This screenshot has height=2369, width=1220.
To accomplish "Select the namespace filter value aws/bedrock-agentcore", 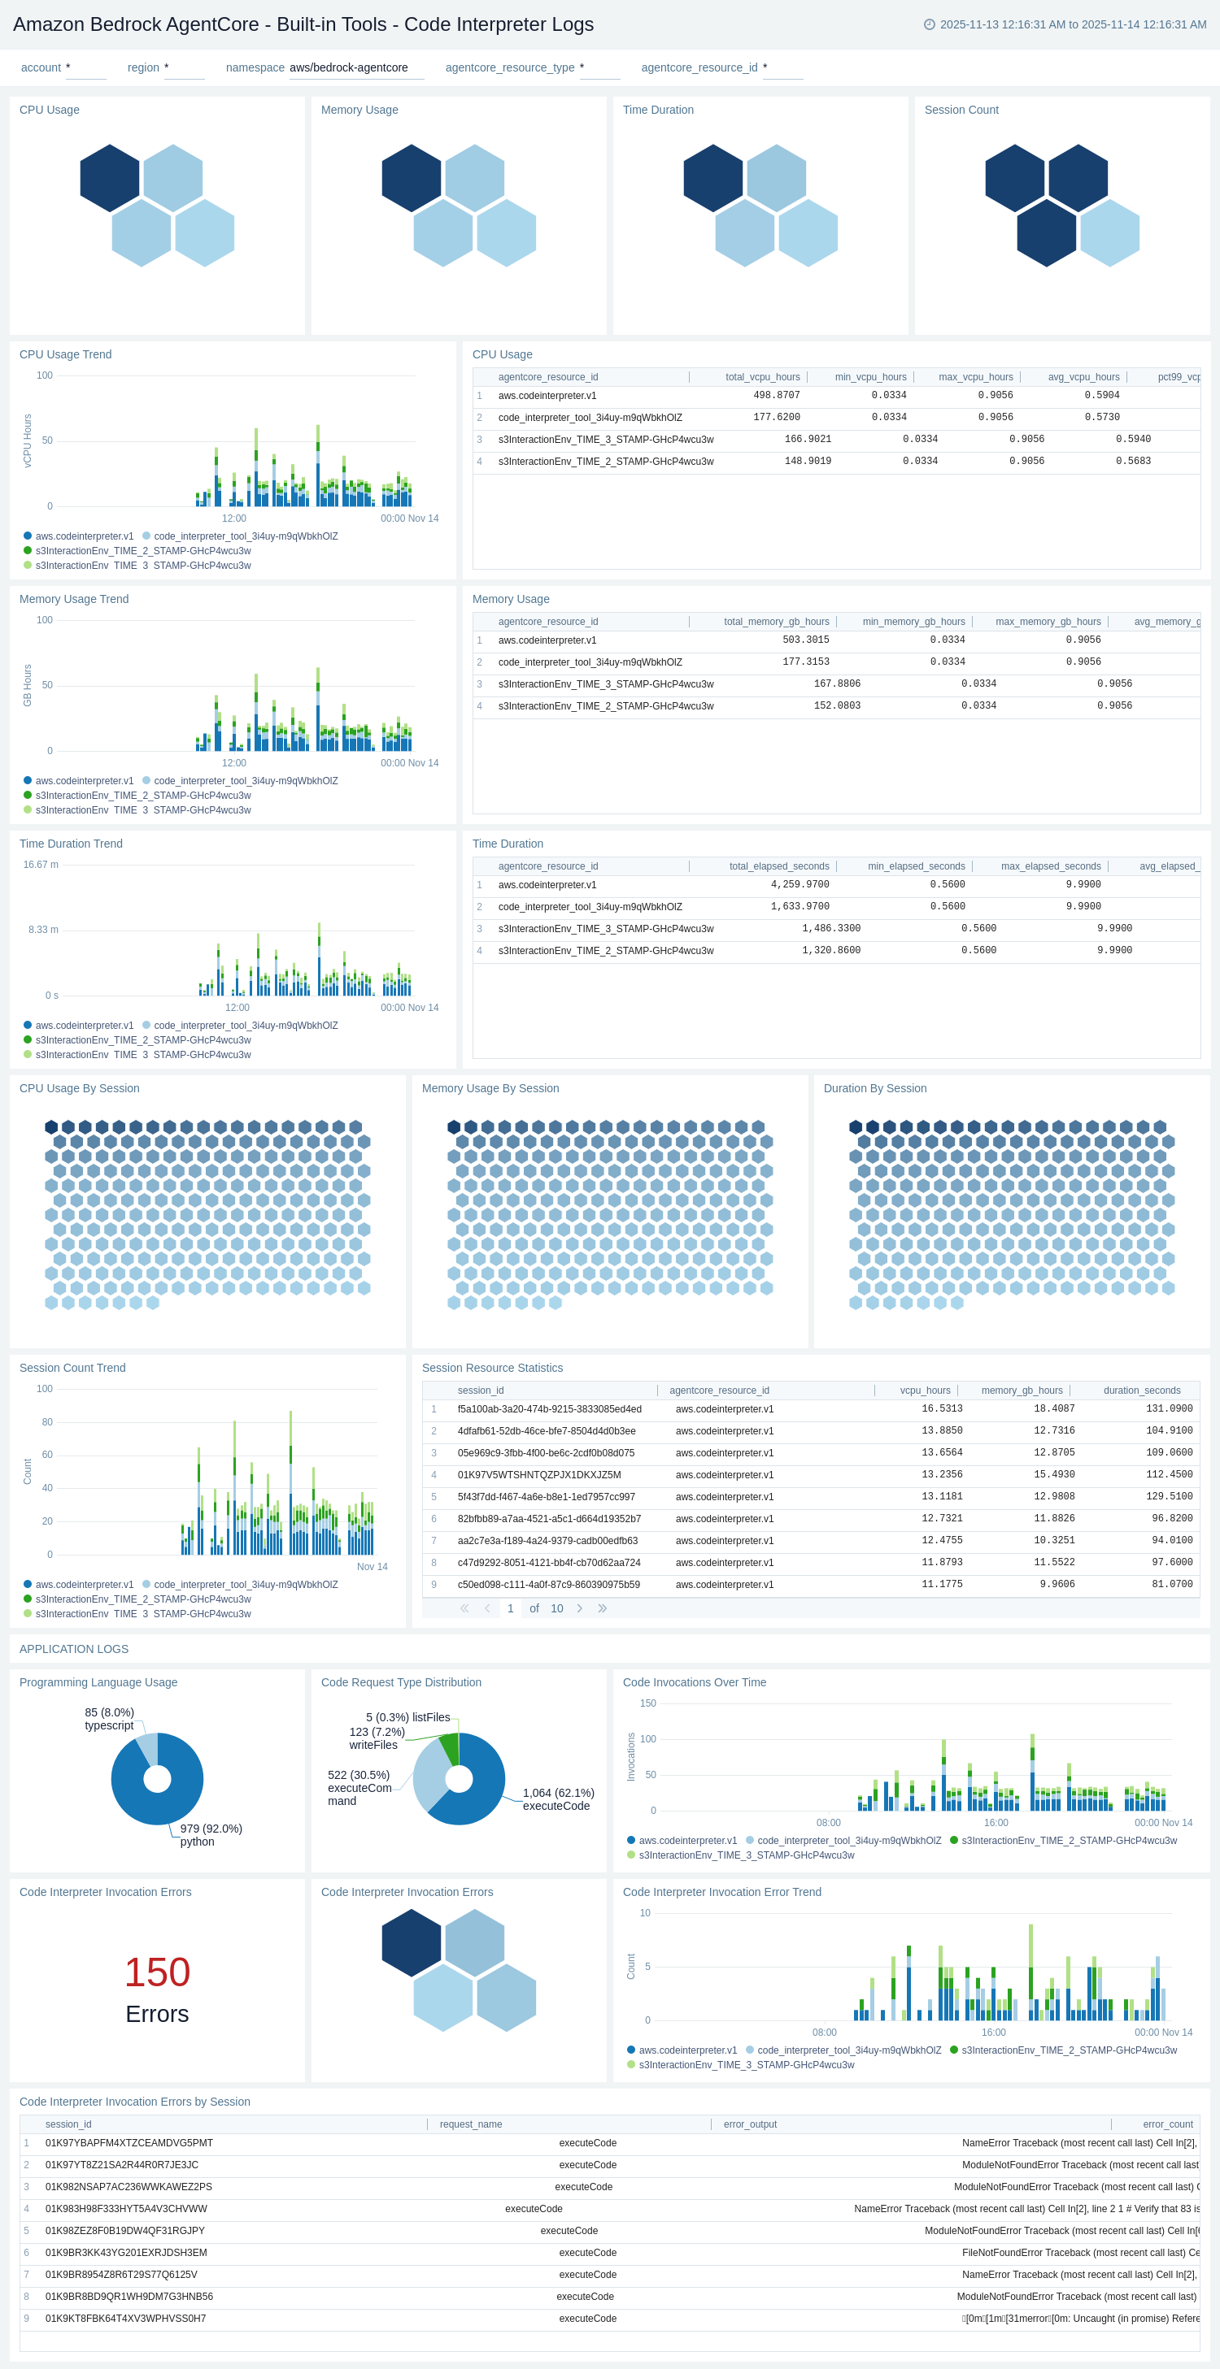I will click(x=348, y=68).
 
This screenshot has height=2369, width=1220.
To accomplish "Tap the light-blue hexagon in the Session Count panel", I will click(x=1109, y=233).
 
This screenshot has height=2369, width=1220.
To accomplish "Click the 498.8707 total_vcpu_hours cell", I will click(x=776, y=396).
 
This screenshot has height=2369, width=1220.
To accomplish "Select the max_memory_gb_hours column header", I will click(x=1047, y=622).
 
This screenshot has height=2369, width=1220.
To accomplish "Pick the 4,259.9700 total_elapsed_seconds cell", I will click(x=799, y=885).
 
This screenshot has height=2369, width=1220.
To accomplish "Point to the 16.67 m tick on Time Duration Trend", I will click(x=41, y=865).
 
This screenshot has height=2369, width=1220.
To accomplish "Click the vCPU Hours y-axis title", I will click(x=28, y=440).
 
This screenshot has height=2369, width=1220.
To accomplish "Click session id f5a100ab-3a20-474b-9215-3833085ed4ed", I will click(x=548, y=1409).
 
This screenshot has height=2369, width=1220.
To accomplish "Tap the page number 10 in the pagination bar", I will click(x=556, y=1608).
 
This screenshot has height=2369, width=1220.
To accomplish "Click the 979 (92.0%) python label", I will click(x=210, y=1835).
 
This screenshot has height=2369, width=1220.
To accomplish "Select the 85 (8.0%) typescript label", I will click(x=108, y=1719).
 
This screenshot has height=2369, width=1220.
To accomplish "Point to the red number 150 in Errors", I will click(x=156, y=1972).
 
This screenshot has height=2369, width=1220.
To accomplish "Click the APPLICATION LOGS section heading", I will click(x=73, y=1649).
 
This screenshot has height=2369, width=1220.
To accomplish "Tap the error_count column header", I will click(x=1166, y=2124).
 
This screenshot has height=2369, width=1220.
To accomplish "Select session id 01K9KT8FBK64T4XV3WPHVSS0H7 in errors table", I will click(x=125, y=2319).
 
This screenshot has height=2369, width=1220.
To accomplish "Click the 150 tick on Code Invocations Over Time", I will click(x=647, y=1703).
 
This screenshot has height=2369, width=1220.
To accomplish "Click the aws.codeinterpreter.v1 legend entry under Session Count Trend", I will click(x=84, y=1585).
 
